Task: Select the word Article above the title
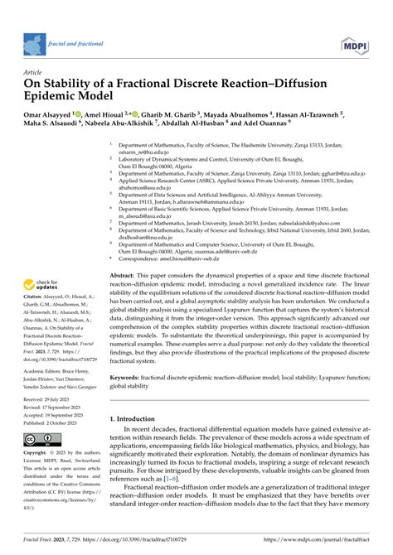click(x=39, y=72)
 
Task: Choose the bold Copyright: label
click(x=37, y=456)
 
